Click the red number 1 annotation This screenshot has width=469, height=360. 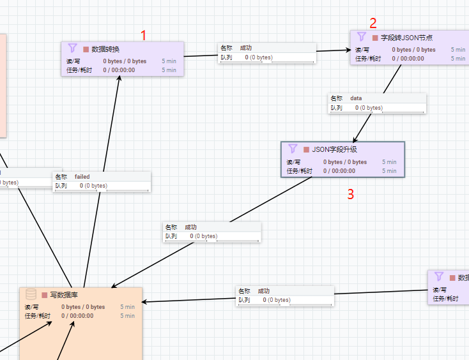tap(144, 35)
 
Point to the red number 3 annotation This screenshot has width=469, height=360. tap(350, 195)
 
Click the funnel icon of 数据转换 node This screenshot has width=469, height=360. tap(72, 49)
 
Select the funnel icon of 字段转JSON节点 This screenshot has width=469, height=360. tap(361, 37)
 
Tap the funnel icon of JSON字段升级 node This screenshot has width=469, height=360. tap(293, 149)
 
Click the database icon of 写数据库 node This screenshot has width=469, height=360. tap(31, 294)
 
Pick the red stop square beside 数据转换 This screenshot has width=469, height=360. tap(86, 49)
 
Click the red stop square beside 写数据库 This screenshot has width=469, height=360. tap(44, 295)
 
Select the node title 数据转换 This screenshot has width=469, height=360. tap(105, 49)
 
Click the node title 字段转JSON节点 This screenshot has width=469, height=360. tap(406, 38)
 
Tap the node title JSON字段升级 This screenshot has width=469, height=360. tap(334, 149)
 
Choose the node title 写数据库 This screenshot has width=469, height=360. tap(64, 295)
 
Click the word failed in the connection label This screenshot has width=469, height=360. tap(82, 176)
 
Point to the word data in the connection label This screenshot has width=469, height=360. tap(356, 98)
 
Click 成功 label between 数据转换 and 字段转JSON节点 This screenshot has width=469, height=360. tap(246, 48)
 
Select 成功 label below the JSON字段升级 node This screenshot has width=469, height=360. tap(191, 227)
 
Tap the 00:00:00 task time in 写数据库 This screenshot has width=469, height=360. tap(82, 315)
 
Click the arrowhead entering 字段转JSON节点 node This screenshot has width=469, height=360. tap(347, 50)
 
